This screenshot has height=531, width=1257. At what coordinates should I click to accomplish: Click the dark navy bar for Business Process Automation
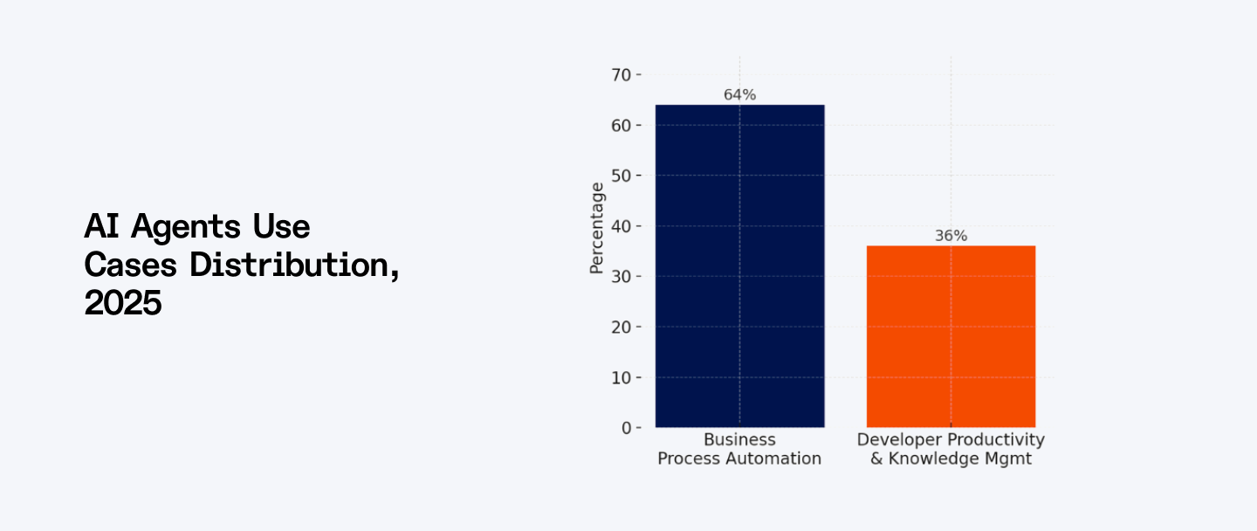pos(739,265)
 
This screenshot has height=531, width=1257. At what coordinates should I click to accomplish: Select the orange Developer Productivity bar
pos(951,336)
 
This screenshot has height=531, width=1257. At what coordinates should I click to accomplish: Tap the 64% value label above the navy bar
pos(739,94)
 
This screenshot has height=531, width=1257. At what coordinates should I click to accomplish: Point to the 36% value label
pos(951,236)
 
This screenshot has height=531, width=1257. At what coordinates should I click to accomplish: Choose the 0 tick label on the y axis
pos(625,428)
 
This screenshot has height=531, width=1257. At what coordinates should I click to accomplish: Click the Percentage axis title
pos(597,227)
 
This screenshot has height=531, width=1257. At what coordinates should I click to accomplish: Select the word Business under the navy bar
pos(739,440)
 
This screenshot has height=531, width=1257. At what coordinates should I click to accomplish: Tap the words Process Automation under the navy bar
pos(739,459)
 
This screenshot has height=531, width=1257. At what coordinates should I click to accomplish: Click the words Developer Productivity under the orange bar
pos(951,440)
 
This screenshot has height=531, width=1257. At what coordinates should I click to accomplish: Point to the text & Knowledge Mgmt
pos(951,459)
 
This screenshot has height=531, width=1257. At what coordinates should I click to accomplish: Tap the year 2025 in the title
pos(123,303)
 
